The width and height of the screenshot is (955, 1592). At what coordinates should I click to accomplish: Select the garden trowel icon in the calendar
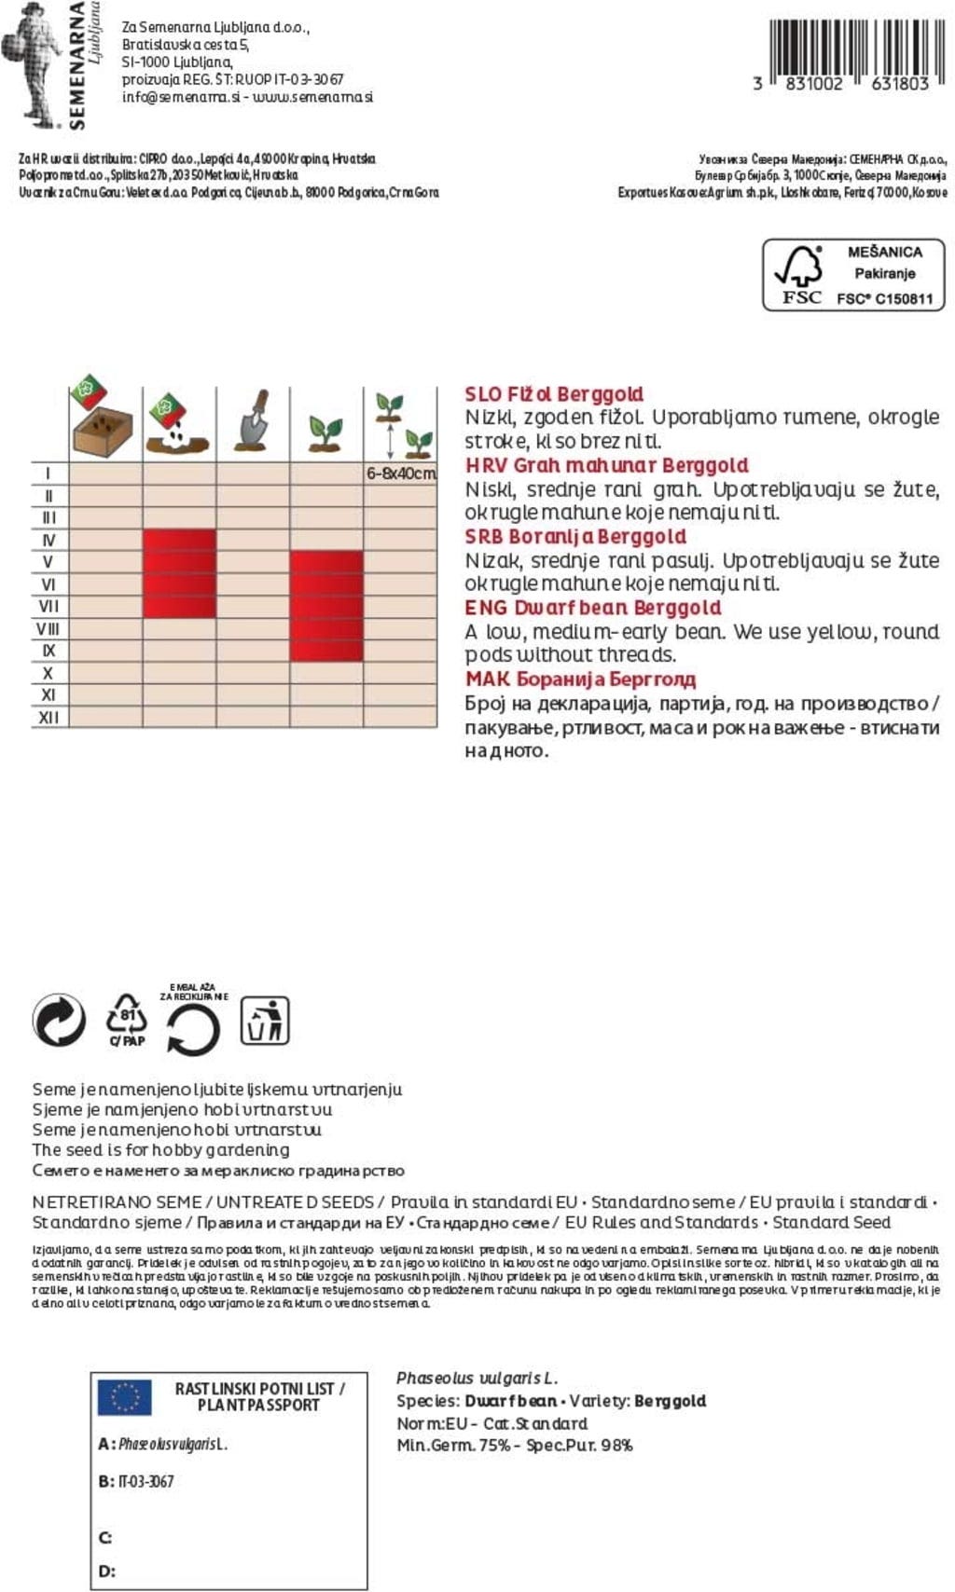253,419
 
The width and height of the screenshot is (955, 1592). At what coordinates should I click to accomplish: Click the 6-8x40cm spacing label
401,473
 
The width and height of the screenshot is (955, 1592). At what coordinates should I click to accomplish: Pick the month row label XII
48,718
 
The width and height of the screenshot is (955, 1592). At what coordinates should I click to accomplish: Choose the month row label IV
48,541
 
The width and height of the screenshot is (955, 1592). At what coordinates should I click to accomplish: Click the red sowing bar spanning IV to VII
179,573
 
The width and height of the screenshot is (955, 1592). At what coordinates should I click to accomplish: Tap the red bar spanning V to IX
325,606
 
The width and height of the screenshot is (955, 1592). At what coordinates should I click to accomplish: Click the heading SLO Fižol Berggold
554,394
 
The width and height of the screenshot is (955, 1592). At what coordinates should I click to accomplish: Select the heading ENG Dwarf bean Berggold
593,608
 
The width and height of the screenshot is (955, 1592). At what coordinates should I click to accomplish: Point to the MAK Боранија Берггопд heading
580,679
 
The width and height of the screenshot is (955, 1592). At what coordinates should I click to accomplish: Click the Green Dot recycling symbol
59,1020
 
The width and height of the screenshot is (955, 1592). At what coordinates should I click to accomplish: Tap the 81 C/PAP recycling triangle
127,1019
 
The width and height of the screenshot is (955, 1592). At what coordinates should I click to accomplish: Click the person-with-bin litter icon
265,1020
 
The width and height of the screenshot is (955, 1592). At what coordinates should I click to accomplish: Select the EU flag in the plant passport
125,1397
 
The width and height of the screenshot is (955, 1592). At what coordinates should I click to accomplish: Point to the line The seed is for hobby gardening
160,1150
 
